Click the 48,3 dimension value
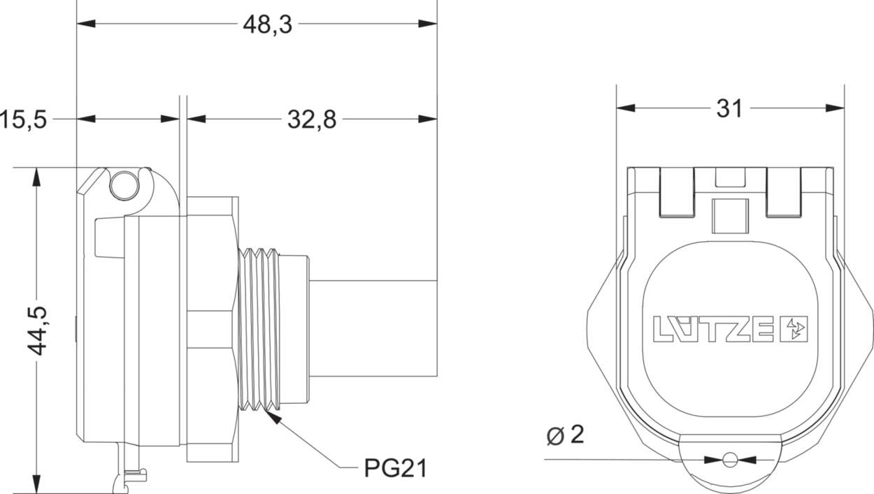[268, 24]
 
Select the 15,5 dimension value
[22, 119]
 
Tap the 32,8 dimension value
[312, 119]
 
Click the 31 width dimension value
[730, 108]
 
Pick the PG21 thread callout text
[395, 467]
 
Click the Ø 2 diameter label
[564, 435]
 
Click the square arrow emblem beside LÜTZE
[794, 329]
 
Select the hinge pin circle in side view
[124, 184]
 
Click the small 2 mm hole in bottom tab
[730, 460]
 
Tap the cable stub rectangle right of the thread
[373, 328]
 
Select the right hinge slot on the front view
[783, 192]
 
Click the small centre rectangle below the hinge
[730, 215]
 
